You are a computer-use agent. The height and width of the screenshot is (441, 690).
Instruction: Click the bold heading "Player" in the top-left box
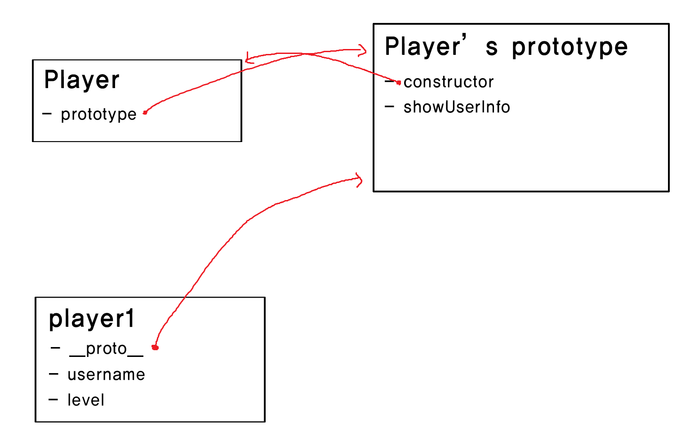pos(82,81)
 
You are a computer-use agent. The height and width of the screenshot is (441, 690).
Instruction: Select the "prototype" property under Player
pos(98,115)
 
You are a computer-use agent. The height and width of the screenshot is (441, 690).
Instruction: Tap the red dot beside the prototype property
pos(145,112)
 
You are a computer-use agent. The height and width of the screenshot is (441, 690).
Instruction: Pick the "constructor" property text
pos(449,82)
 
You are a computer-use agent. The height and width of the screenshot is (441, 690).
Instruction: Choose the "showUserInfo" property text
pos(457,107)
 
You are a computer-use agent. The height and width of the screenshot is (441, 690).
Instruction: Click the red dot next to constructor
pos(398,83)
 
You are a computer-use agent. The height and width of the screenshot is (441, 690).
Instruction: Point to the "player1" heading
pos(92,319)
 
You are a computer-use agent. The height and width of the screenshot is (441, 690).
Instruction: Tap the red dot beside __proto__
pos(155,347)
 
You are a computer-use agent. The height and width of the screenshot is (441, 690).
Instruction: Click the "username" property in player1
pos(106,374)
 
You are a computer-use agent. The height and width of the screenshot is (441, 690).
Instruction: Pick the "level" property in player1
pos(86,400)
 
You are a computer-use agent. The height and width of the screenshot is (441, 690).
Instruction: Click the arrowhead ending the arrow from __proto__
pos(360,179)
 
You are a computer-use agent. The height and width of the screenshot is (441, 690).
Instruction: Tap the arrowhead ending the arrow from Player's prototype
pos(363,51)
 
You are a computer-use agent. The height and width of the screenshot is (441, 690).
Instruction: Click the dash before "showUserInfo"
pos(389,107)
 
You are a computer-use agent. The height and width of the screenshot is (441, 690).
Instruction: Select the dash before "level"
pos(53,399)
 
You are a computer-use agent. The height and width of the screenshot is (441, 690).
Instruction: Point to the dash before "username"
pos(53,374)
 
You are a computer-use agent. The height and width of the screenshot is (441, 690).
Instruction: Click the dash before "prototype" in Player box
pos(47,114)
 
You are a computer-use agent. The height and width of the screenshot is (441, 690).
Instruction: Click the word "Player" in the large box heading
pos(423,47)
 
